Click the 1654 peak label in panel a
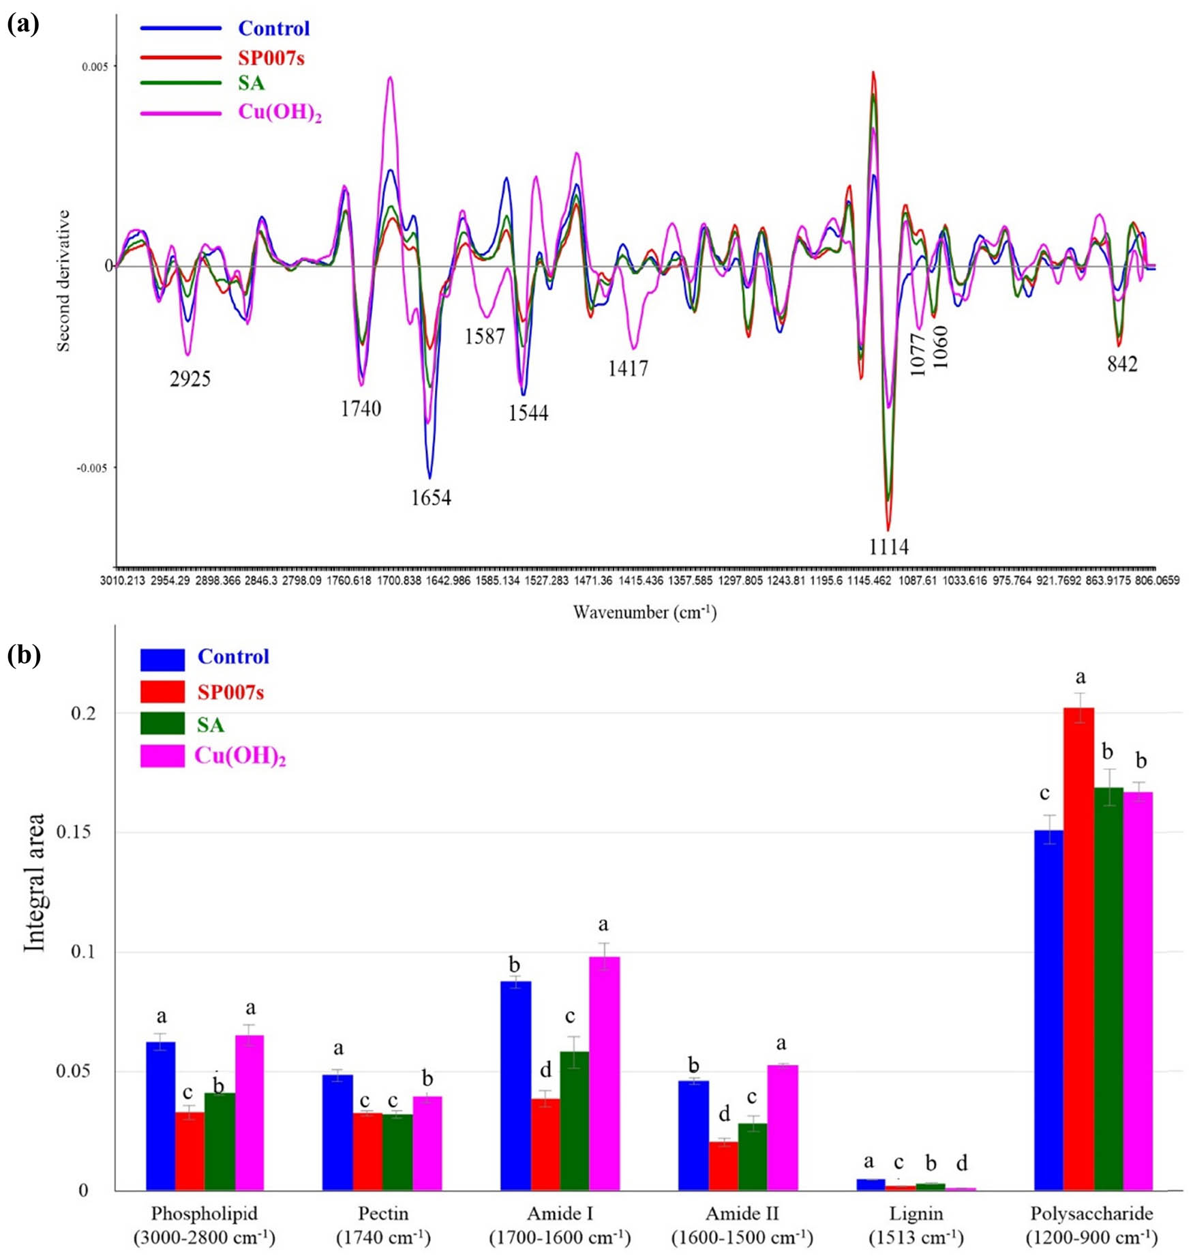[430, 497]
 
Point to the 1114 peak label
[888, 546]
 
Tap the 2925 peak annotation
[190, 378]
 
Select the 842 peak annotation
[1122, 364]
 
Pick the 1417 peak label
[628, 368]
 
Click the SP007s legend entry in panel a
[271, 58]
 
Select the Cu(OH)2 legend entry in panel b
[239, 756]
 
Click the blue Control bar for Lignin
[871, 1185]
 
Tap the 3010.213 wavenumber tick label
[123, 581]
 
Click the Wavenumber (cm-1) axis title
[644, 612]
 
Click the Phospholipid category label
[205, 1214]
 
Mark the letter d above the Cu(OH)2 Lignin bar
[961, 1162]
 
